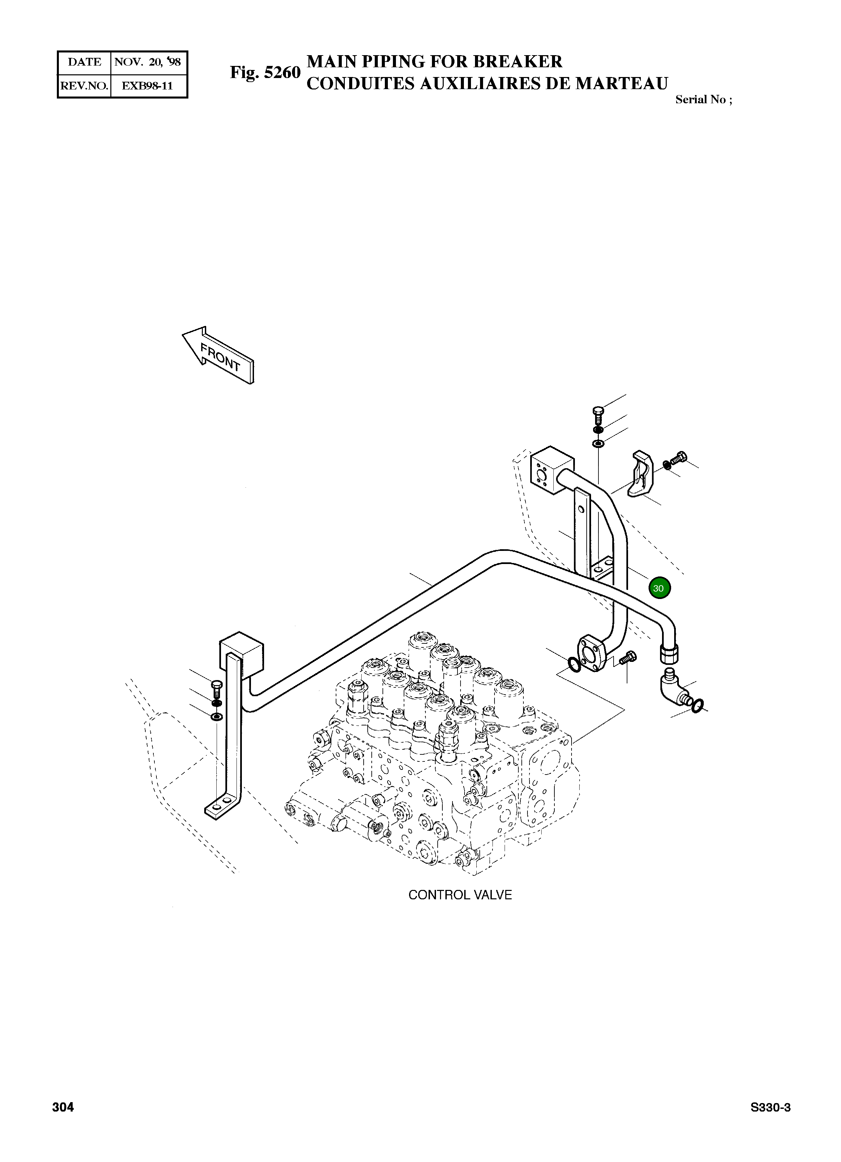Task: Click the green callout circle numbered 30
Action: coord(659,588)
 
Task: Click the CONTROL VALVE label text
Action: coord(460,895)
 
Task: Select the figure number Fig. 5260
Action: coord(264,73)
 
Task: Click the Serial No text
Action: coord(703,100)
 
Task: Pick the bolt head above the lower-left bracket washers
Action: coord(216,685)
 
